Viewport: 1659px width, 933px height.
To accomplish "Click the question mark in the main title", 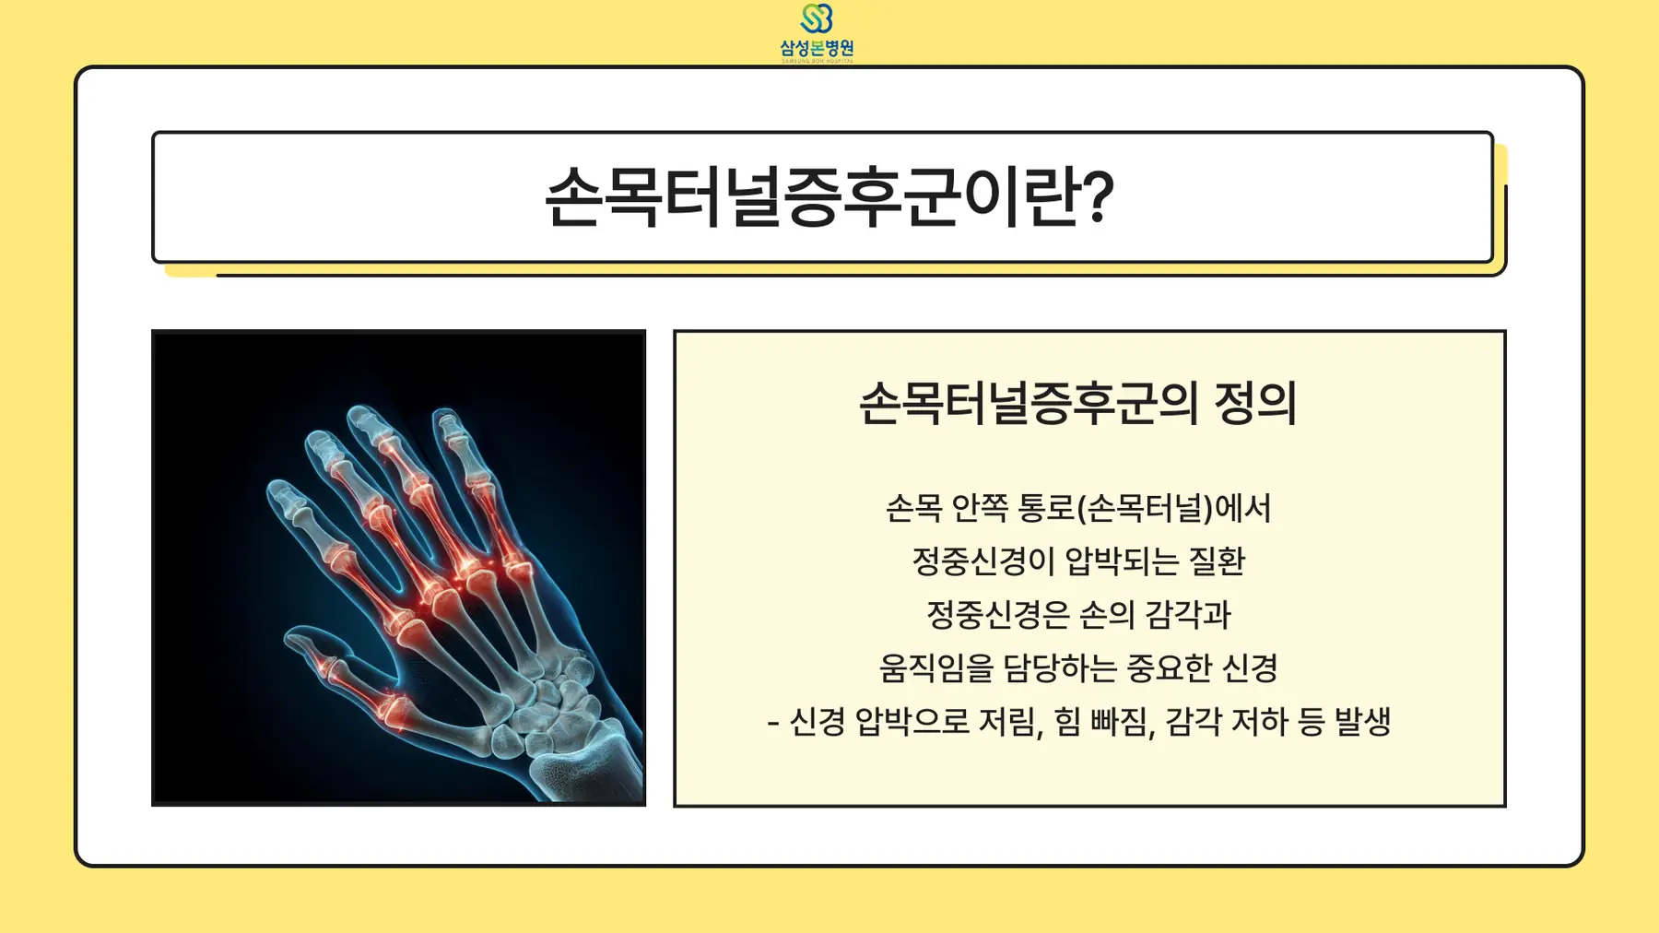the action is click(x=1097, y=195).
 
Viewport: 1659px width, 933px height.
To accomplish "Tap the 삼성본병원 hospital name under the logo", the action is click(x=817, y=48).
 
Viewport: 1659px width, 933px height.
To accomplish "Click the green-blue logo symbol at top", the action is click(x=817, y=18).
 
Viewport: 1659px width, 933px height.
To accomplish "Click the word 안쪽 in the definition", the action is click(x=979, y=508).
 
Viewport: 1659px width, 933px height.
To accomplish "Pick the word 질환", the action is click(x=1218, y=561).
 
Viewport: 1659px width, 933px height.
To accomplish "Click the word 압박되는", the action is click(x=1122, y=561).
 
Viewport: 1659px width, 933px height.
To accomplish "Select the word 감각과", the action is click(x=1187, y=614).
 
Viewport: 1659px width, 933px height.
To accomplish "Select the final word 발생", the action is click(x=1362, y=721).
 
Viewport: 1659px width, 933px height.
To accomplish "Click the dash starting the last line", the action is click(x=772, y=723).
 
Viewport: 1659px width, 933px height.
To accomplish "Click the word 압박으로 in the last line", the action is click(x=912, y=721).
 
